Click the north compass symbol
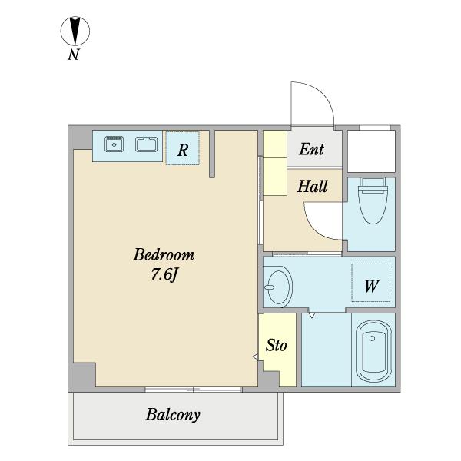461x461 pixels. [x=75, y=31]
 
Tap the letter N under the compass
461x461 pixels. [x=74, y=55]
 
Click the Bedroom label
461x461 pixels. [x=164, y=255]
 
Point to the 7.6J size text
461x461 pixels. [x=164, y=275]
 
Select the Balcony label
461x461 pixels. [x=173, y=415]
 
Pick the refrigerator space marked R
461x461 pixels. [x=183, y=148]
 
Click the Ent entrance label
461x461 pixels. [x=312, y=149]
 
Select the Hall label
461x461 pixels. [x=312, y=186]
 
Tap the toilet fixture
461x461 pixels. [x=372, y=201]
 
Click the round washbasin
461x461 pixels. [x=278, y=287]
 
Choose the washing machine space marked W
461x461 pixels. [x=371, y=283]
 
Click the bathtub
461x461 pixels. [x=373, y=351]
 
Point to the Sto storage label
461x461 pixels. [x=276, y=346]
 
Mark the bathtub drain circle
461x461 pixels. [x=372, y=338]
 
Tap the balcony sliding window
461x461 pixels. [x=193, y=390]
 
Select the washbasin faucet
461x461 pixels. [x=269, y=287]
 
